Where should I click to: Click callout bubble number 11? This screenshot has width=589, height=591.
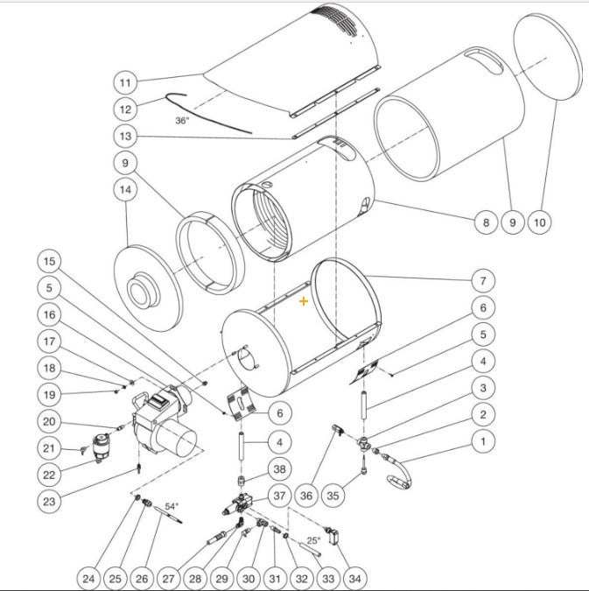(x=125, y=82)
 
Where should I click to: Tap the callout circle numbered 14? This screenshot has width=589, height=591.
(x=125, y=189)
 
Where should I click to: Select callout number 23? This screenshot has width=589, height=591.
(x=51, y=501)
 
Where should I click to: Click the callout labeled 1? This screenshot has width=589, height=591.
(x=481, y=441)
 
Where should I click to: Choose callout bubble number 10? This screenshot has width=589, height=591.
(x=540, y=222)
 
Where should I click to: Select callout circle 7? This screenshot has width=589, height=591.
(x=481, y=281)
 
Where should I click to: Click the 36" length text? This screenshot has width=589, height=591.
(x=182, y=120)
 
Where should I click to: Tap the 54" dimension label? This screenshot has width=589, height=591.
(x=172, y=506)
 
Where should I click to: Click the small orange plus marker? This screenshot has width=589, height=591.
(x=304, y=300)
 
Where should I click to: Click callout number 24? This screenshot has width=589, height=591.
(x=88, y=578)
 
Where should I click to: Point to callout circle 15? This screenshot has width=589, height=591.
(x=51, y=261)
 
